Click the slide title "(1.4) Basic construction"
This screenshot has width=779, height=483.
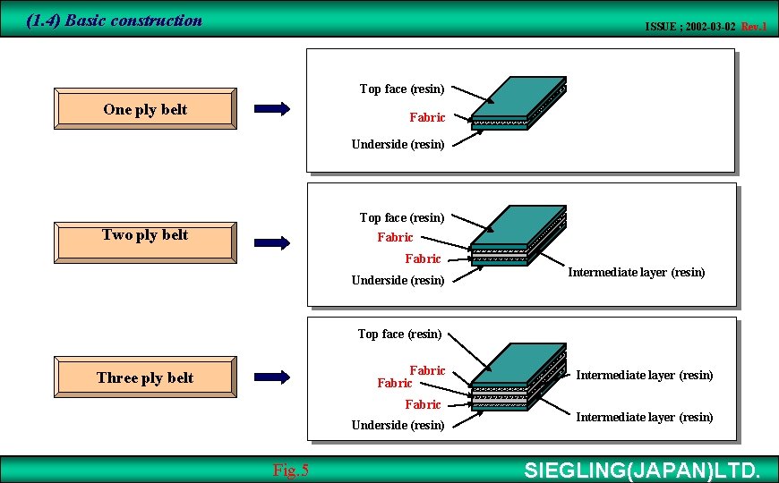[x=115, y=20]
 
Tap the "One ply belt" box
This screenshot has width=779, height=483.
[x=145, y=110]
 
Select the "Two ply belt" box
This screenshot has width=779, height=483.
[x=145, y=235]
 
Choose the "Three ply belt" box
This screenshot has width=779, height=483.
[x=145, y=377]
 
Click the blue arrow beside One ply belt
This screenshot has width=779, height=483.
[x=272, y=109]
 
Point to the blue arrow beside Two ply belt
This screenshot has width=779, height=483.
[x=272, y=241]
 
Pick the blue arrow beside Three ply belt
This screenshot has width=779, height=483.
[x=272, y=377]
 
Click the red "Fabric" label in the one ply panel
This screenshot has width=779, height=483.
[x=427, y=117]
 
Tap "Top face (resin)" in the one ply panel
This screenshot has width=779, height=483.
[x=402, y=89]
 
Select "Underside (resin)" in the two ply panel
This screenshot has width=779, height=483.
[x=398, y=280]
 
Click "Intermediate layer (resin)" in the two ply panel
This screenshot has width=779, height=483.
[x=637, y=272]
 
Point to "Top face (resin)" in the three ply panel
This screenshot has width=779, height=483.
[x=399, y=334]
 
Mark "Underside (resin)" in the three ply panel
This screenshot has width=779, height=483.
[x=398, y=425]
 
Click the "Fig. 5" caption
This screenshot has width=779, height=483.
[x=290, y=470]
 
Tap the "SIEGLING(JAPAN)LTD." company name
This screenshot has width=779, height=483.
[x=642, y=470]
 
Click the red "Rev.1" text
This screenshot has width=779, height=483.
[x=754, y=27]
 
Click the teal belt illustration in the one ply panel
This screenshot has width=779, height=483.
[x=519, y=104]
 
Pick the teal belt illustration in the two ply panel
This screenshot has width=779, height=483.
[x=518, y=234]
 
